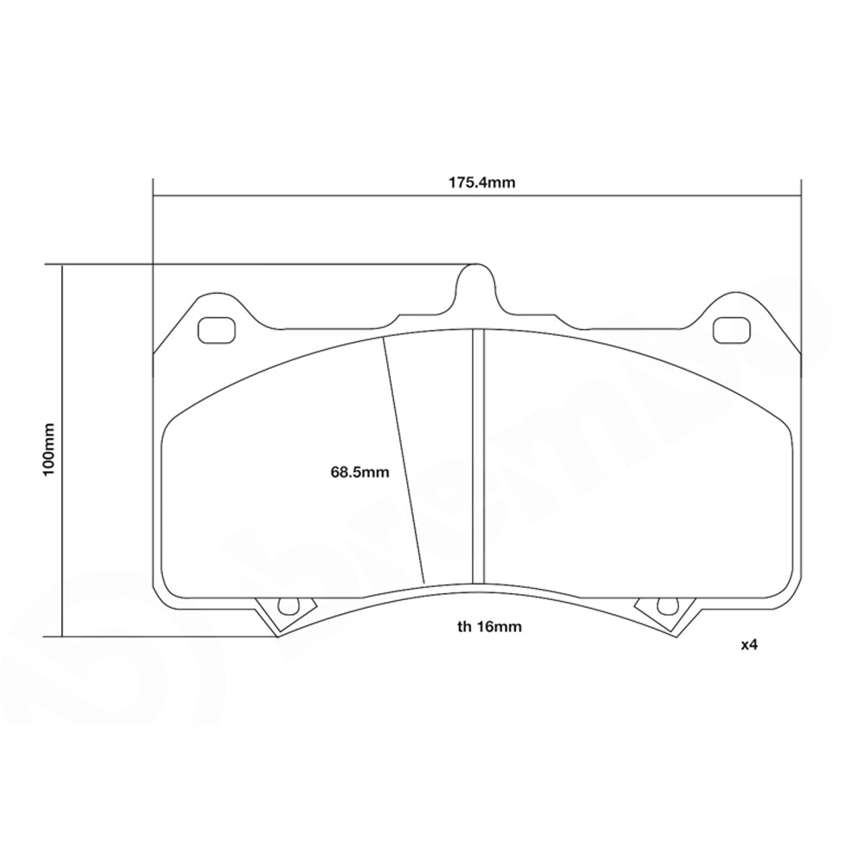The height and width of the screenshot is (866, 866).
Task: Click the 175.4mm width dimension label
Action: pos(476,183)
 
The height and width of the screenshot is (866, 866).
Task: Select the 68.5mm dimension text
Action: pos(359,472)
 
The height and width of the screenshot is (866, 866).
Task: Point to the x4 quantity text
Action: pos(749,645)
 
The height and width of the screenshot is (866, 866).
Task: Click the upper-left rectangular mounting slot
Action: pos(216,330)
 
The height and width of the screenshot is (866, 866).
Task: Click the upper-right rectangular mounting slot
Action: pos(731,330)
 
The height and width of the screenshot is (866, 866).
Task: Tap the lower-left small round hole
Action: pos(285,606)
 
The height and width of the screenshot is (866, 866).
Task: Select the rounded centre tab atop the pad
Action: pos(475,286)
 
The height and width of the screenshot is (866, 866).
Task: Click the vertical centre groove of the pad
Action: pos(476,455)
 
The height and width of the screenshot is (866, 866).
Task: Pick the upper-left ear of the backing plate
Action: pos(208,316)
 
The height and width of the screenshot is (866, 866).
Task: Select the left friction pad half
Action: pos(286,485)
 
